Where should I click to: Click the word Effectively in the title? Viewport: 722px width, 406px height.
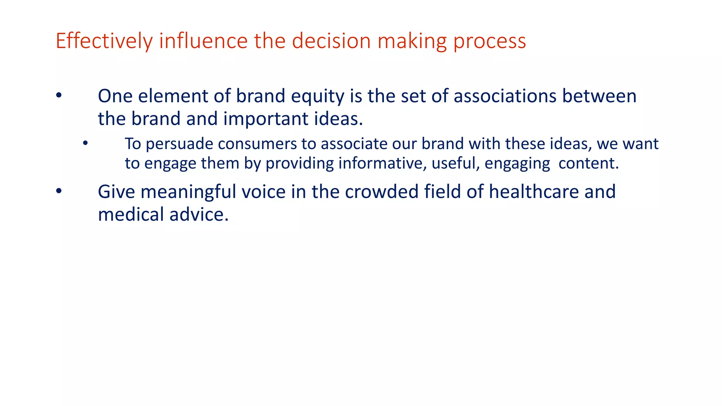(x=104, y=41)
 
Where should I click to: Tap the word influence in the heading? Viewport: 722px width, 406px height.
(x=203, y=41)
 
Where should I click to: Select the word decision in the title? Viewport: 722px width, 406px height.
(x=331, y=41)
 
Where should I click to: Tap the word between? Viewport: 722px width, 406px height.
(x=599, y=96)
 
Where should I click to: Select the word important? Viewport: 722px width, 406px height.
(x=266, y=119)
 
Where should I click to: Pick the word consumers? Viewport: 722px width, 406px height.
(x=257, y=144)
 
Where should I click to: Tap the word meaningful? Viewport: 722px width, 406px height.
(x=188, y=192)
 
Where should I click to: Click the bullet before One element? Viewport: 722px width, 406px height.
(x=59, y=96)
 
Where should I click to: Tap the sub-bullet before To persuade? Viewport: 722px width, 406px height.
(x=85, y=143)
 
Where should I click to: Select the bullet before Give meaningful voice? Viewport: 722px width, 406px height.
(x=59, y=191)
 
